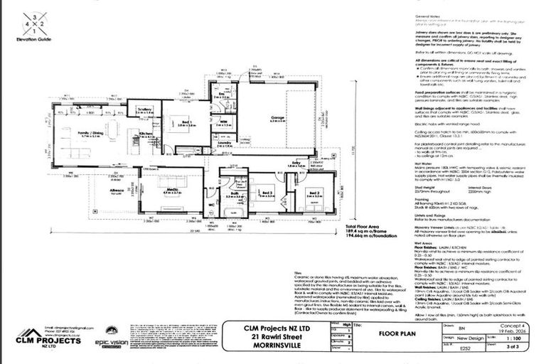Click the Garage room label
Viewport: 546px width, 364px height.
pos(273,117)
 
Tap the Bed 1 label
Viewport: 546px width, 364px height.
pos(186,122)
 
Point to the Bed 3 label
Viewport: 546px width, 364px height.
pos(266,193)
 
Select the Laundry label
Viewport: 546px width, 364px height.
pos(225,143)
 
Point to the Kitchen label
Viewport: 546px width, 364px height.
pos(146,134)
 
